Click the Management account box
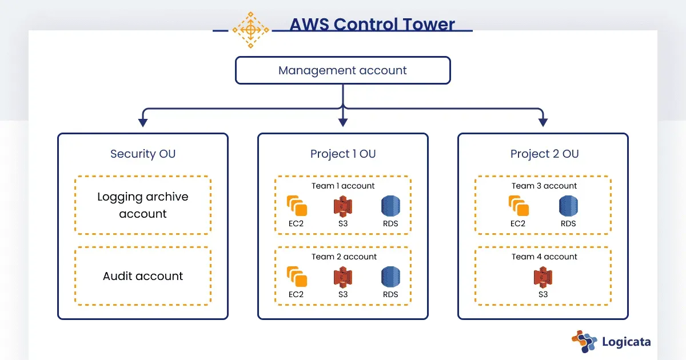[x=342, y=71]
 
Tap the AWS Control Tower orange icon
[x=250, y=29]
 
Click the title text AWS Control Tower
[x=372, y=25]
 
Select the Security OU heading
[x=143, y=154]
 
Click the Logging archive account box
[x=143, y=205]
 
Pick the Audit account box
[x=143, y=276]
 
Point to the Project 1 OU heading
[x=343, y=154]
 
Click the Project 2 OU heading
[x=544, y=154]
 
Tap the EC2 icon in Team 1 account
[x=296, y=206]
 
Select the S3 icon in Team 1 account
[x=342, y=206]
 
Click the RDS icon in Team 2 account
[x=390, y=277]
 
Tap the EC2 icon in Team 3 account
[x=518, y=206]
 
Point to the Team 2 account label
[x=344, y=257]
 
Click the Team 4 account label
[x=544, y=257]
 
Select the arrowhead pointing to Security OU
[x=143, y=122]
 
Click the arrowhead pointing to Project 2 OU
[x=543, y=122]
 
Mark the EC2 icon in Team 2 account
[x=296, y=277]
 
